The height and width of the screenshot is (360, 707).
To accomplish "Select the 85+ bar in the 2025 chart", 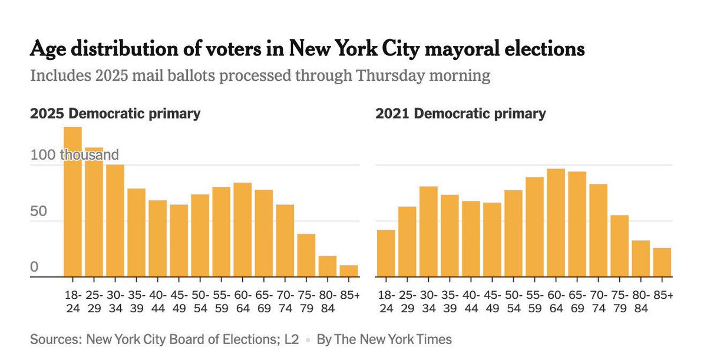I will [x=349, y=271].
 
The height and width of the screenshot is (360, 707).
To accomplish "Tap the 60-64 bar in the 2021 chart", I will [x=556, y=223].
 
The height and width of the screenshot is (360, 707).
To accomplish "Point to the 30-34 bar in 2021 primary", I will [x=428, y=232].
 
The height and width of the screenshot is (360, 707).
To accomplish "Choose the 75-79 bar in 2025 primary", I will [x=306, y=255].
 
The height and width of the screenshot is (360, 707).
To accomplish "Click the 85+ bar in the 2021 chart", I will [x=662, y=262].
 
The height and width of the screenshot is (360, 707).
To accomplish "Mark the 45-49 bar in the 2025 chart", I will [x=179, y=240].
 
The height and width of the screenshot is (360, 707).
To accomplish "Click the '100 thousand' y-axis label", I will [x=74, y=155].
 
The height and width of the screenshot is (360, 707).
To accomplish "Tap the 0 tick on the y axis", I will [x=34, y=267].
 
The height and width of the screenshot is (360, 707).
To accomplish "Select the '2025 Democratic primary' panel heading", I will [x=115, y=113].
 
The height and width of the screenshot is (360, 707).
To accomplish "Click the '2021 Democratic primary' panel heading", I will [x=461, y=113].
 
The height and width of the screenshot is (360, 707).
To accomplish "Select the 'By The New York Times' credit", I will [x=384, y=339].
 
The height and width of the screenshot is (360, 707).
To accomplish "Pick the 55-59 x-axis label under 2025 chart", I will [x=222, y=301].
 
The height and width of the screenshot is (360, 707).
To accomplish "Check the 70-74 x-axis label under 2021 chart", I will [x=598, y=301].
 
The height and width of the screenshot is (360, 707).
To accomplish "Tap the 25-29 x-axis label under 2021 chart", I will [x=407, y=301].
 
